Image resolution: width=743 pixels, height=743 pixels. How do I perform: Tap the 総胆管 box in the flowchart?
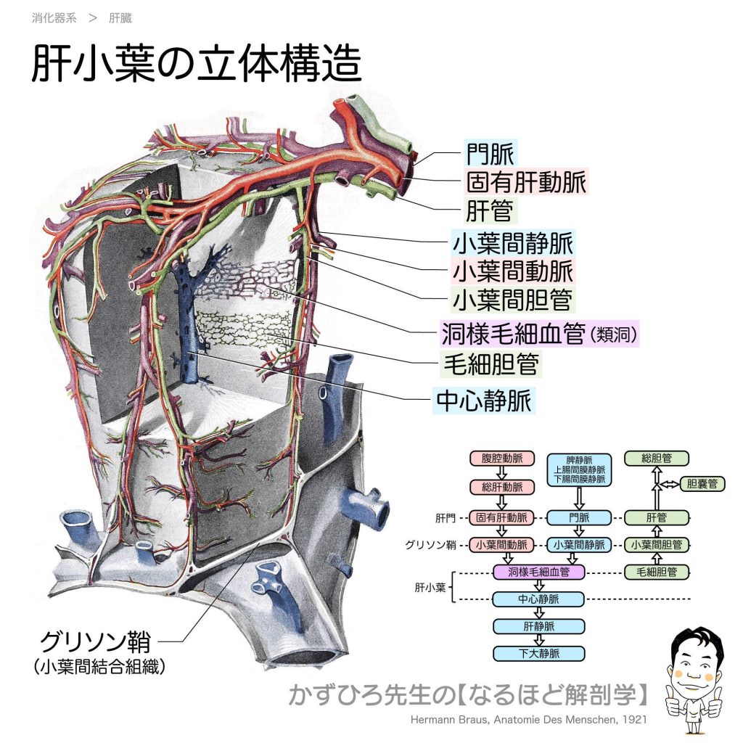[x=656, y=459]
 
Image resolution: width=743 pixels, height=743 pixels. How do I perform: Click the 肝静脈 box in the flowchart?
[x=538, y=625]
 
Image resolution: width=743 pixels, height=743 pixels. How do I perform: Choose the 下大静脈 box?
[x=538, y=653]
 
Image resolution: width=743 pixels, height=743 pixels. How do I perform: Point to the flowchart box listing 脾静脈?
[x=578, y=469]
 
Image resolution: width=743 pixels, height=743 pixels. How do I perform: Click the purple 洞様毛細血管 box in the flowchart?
[x=538, y=572]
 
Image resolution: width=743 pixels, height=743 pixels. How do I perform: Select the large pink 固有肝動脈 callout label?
[x=525, y=182]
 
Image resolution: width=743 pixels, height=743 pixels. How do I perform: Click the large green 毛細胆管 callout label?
[x=491, y=364]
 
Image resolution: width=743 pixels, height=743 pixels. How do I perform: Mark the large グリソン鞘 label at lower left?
[x=95, y=642]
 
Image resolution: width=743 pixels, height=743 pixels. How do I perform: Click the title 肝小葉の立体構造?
[x=196, y=65]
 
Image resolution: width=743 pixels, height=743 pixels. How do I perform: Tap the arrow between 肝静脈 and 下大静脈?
[x=538, y=639]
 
